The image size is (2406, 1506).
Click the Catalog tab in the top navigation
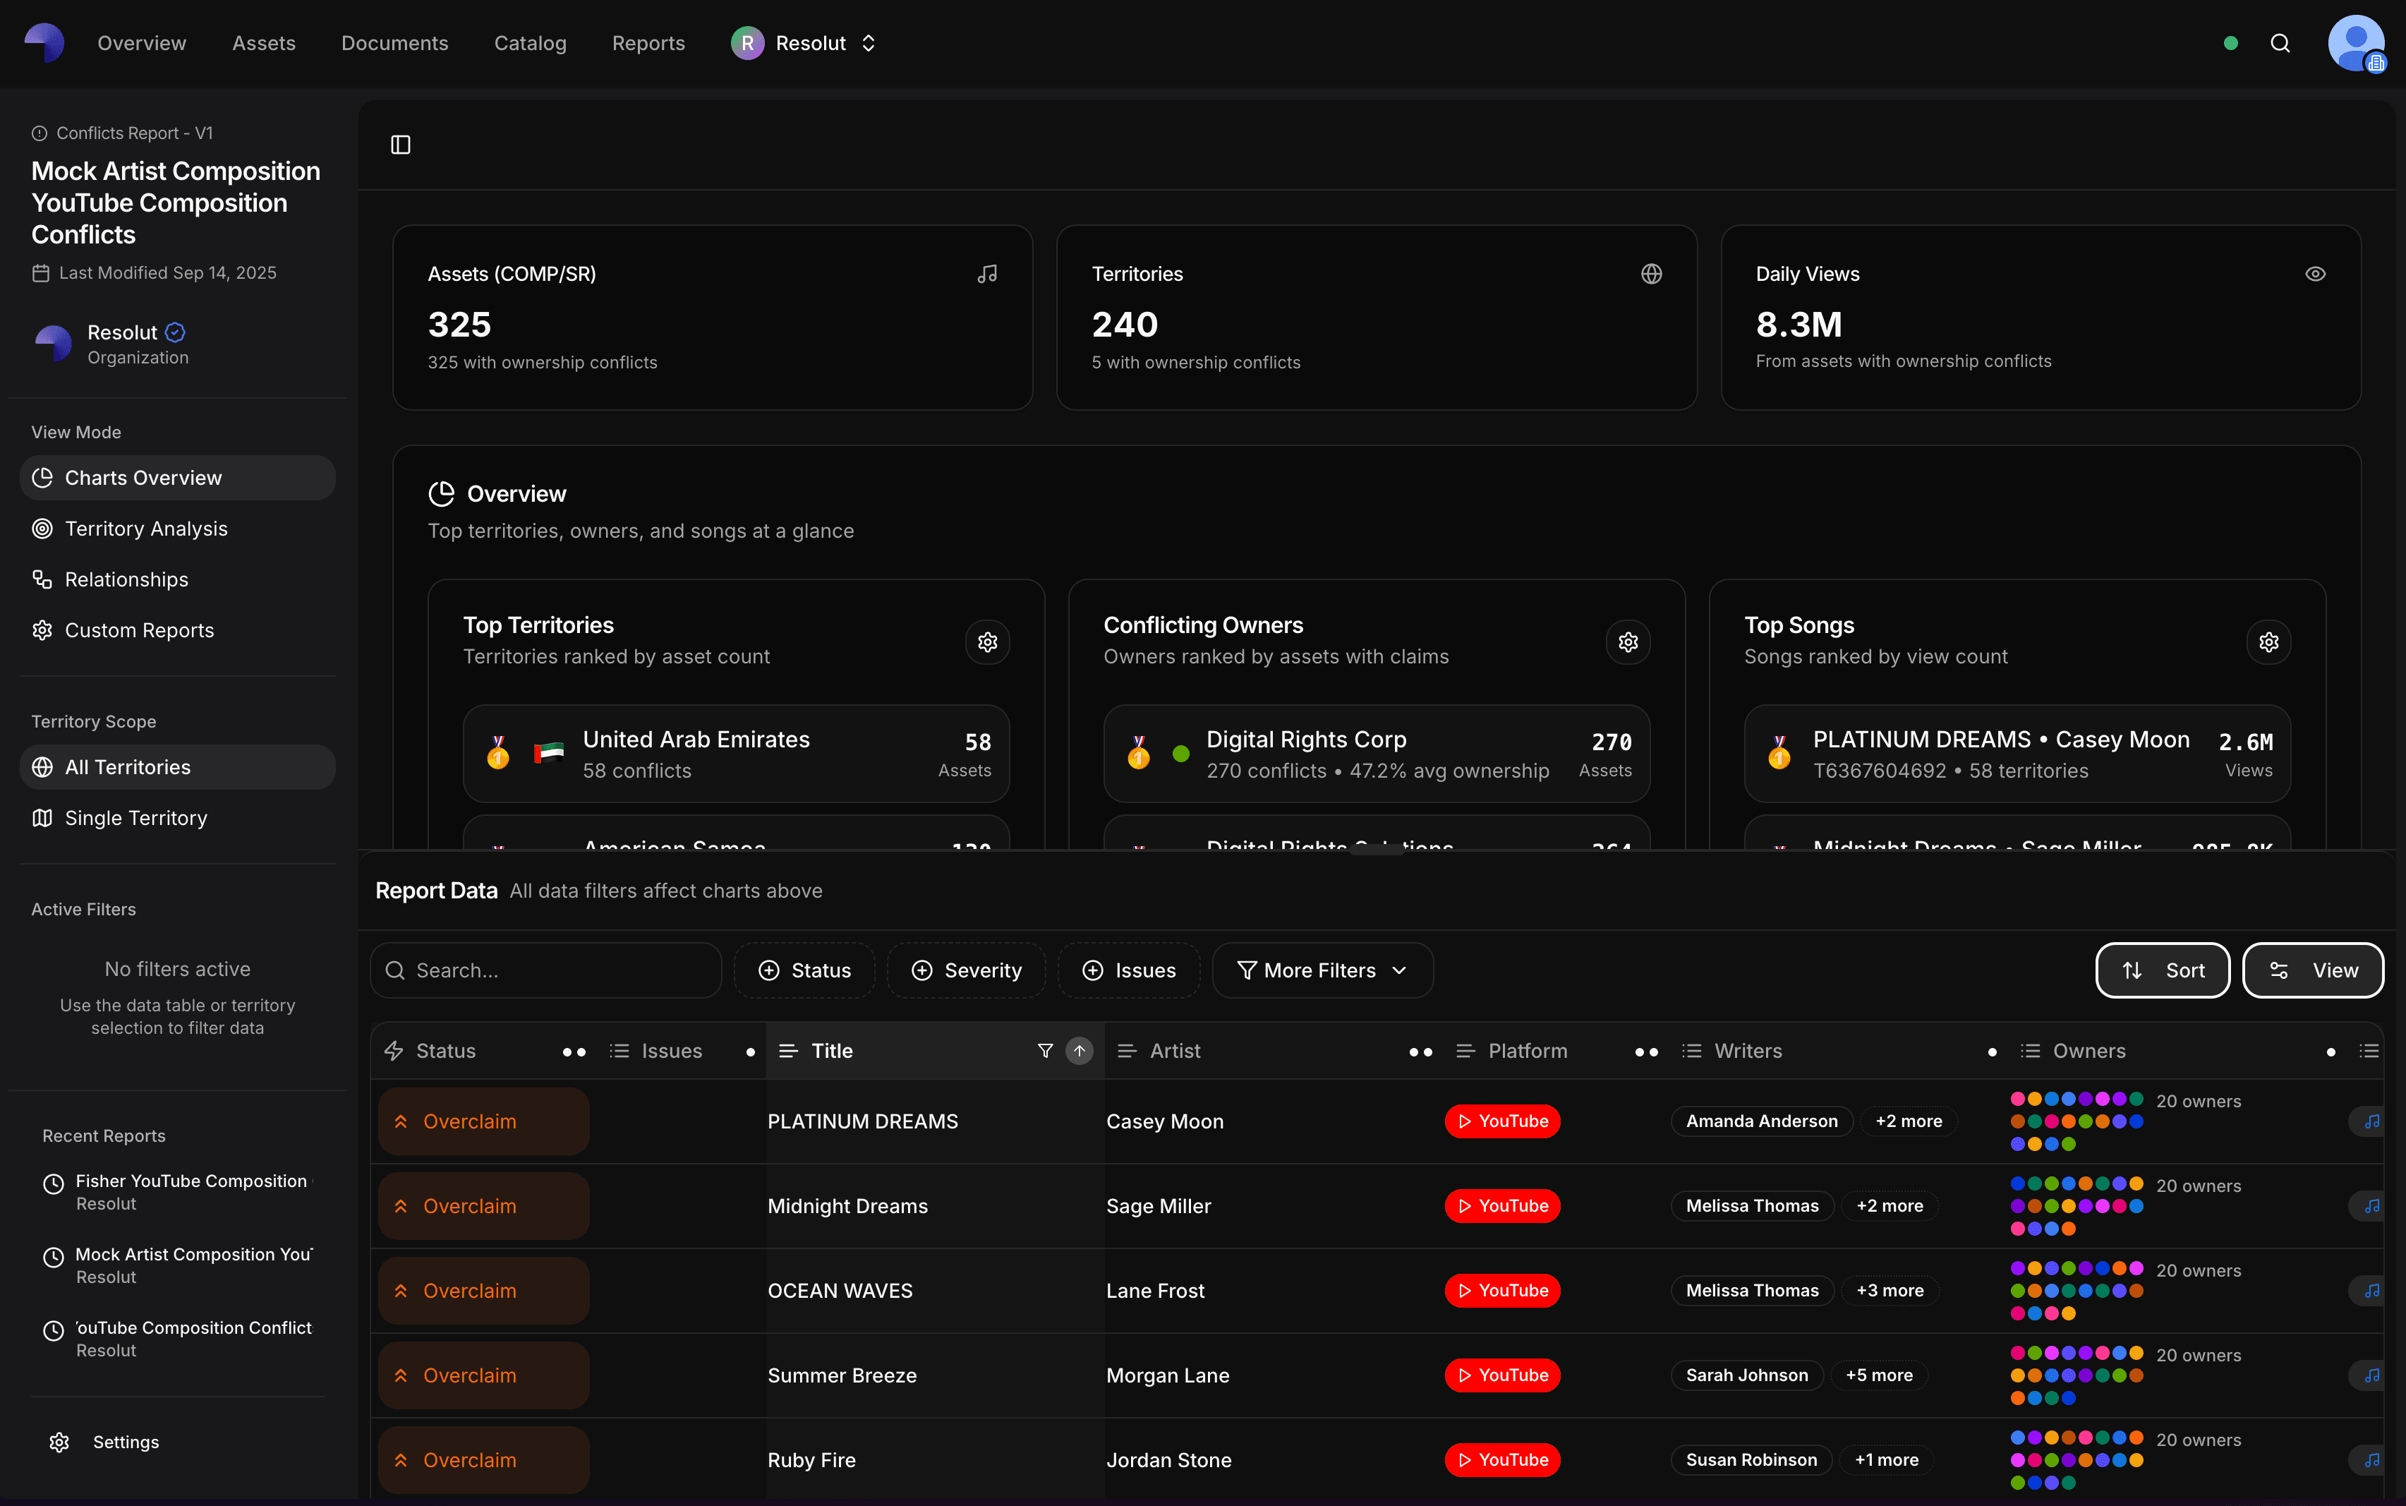530,43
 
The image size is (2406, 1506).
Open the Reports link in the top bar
648,43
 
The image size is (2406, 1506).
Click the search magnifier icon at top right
2280,43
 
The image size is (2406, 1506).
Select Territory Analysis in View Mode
145,529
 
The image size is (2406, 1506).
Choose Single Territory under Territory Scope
135,818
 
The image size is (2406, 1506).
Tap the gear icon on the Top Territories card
987,642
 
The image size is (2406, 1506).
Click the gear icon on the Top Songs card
2268,642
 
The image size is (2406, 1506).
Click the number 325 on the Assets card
459,325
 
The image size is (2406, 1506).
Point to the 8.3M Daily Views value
1799,325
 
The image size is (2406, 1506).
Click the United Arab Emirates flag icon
549,753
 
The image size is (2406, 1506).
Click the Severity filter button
965,970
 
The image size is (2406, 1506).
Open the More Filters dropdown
1322,970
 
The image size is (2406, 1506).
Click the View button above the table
2311,970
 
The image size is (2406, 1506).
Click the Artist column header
1175,1051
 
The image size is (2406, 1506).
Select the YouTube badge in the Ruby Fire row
1501,1460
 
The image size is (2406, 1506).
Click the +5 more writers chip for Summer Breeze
1878,1375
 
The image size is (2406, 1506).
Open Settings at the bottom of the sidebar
126,1442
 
